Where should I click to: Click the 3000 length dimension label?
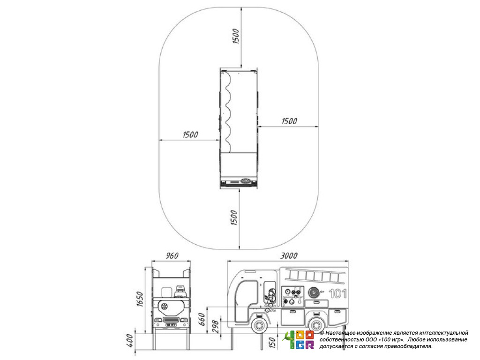pos(289,255)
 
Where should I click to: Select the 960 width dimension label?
pos(172,255)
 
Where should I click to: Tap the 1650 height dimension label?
pos(139,299)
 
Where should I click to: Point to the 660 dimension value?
pos(201,319)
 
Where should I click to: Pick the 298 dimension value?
pos(216,326)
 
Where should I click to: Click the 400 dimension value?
pos(129,340)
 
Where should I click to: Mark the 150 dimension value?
pos(272,342)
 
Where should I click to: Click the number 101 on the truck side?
pos(337,294)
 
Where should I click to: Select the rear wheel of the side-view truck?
pos(316,325)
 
